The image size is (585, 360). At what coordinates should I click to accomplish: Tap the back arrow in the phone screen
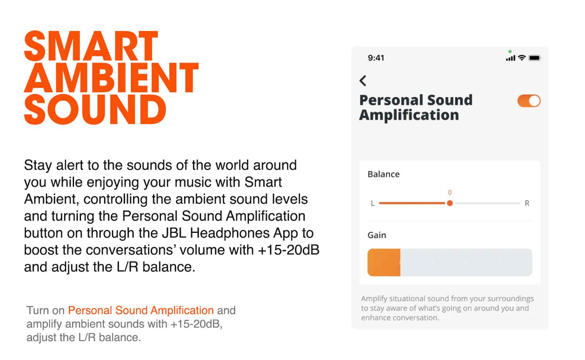[363, 81]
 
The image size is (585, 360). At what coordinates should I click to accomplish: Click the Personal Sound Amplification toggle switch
[529, 101]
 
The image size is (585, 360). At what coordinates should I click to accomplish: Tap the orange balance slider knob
[450, 203]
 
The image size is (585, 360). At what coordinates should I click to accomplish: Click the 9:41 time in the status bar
[376, 58]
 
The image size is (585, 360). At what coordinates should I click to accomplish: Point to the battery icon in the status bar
[534, 58]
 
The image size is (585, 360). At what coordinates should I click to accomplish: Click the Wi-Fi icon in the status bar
[522, 58]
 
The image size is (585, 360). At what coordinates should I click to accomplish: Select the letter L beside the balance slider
[373, 203]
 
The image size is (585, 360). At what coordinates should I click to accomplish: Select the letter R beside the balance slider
[527, 203]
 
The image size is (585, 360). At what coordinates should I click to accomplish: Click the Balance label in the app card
[383, 174]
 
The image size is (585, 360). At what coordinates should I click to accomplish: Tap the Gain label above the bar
[376, 235]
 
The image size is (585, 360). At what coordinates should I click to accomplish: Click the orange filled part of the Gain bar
[384, 262]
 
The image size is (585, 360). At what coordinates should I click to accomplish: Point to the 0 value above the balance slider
[450, 193]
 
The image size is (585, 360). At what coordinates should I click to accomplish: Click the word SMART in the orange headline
[91, 46]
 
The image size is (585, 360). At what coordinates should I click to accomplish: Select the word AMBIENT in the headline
[111, 78]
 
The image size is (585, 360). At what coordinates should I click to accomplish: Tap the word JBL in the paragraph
[174, 233]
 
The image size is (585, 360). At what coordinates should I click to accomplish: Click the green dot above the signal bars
[510, 51]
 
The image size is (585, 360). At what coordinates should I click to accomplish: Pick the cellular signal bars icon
[511, 58]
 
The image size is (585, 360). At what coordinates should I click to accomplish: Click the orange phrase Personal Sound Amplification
[141, 310]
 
